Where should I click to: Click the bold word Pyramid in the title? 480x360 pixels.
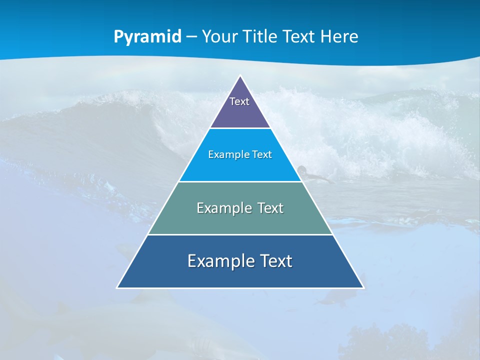(x=147, y=37)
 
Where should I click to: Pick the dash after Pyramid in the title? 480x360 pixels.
(x=191, y=37)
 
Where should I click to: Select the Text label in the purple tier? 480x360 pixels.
(x=239, y=101)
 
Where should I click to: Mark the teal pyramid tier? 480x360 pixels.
(x=240, y=220)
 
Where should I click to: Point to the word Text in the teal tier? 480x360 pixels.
(x=270, y=208)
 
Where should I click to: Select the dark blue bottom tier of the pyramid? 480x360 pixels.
(x=240, y=275)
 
